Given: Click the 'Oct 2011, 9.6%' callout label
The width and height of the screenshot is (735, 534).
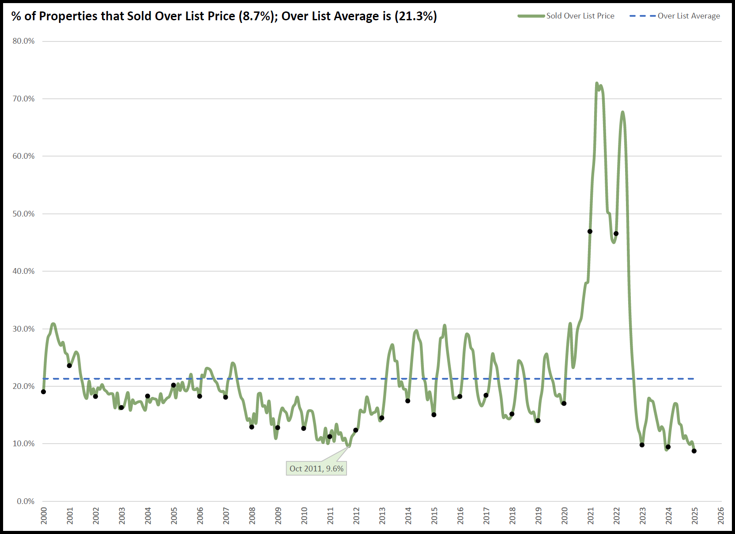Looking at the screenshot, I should coord(316,468).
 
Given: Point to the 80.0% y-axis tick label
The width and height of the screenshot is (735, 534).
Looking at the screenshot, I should coord(23,41).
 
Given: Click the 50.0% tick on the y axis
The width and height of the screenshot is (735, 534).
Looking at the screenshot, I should coord(23,214).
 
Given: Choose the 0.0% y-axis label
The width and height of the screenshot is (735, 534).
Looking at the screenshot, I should coord(26,501).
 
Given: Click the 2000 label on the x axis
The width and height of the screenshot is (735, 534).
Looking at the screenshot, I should coord(44,515).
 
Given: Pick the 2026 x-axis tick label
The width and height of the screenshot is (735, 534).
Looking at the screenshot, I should coord(721,515).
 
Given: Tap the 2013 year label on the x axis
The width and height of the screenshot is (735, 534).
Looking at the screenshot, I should coord(382,515).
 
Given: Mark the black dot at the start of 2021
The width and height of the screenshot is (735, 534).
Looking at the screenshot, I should coord(590,232).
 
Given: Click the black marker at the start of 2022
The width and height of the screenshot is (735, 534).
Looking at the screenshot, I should coord(616,234).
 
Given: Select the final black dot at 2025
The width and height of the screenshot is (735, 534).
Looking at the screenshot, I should coord(694,451).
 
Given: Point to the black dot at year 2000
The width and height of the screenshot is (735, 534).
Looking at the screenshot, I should coord(43,392).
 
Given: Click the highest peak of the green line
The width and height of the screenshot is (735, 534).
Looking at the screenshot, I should coord(597,83).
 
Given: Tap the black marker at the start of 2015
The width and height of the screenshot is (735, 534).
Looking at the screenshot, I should coord(434,415).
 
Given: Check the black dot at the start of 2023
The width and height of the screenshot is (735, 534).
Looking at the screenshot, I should coord(642,445).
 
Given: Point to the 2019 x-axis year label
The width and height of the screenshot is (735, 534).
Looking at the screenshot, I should coord(539,515).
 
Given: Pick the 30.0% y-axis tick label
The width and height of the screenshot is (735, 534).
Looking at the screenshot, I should coord(23,329).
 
